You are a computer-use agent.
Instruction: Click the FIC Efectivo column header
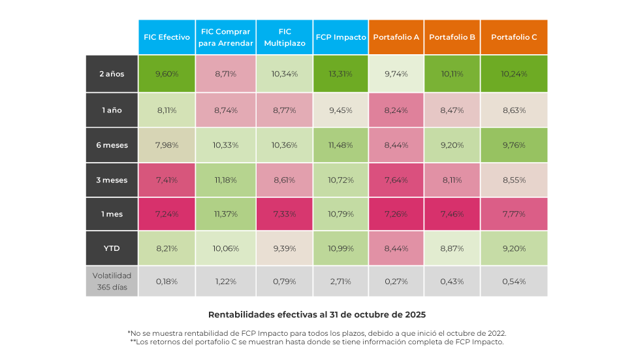pyautogui.click(x=166, y=37)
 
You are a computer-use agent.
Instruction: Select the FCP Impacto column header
pyautogui.click(x=341, y=37)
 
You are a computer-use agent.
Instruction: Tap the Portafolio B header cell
pyautogui.click(x=452, y=37)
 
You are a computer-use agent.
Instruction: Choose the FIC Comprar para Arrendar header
pyautogui.click(x=225, y=37)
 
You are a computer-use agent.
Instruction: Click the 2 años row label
pyautogui.click(x=112, y=74)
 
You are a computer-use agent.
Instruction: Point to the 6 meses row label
pyautogui.click(x=112, y=145)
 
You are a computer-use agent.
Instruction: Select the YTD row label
pyautogui.click(x=112, y=248)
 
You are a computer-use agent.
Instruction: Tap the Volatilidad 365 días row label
pyautogui.click(x=112, y=282)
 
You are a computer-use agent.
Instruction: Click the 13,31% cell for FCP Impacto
pyautogui.click(x=341, y=74)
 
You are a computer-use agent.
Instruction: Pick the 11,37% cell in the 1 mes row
pyautogui.click(x=225, y=214)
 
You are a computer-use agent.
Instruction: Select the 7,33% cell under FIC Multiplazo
pyautogui.click(x=284, y=214)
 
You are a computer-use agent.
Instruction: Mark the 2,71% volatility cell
pyautogui.click(x=341, y=282)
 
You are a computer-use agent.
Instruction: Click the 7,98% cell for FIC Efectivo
pyautogui.click(x=166, y=145)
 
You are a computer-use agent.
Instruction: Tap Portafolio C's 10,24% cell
pyautogui.click(x=514, y=74)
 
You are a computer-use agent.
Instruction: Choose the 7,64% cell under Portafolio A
pyautogui.click(x=396, y=180)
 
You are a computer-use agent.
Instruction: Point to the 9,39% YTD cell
pyautogui.click(x=284, y=248)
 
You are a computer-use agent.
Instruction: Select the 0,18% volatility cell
pyautogui.click(x=166, y=282)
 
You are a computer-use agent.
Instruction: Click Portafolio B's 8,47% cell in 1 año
pyautogui.click(x=452, y=110)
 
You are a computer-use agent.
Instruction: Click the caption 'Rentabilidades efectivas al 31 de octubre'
pyautogui.click(x=317, y=314)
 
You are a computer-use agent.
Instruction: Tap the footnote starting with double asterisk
pyautogui.click(x=317, y=342)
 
